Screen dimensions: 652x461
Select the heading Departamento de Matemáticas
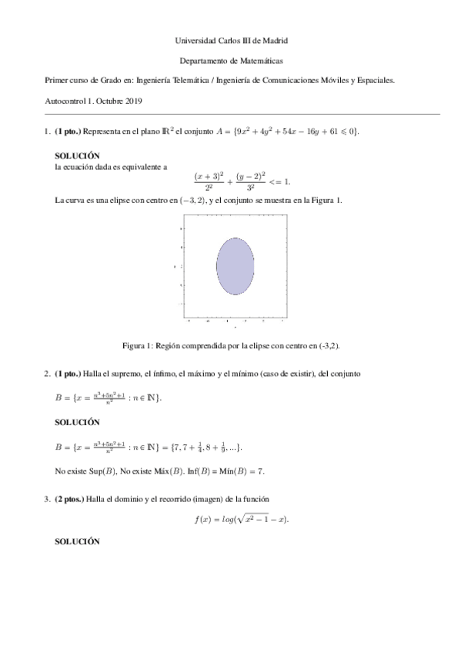[230, 59]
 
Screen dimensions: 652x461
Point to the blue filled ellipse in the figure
[236, 267]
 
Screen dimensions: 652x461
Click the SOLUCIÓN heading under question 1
[79, 155]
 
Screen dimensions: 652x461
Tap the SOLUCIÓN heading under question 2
[79, 422]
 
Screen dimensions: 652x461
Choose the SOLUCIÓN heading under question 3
[79, 541]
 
